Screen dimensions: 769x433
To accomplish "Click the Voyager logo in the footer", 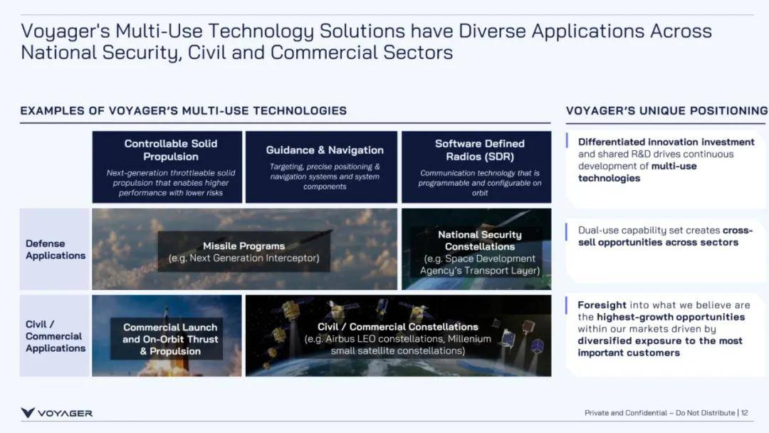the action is click(x=56, y=413).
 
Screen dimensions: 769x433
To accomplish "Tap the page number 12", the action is click(x=744, y=413).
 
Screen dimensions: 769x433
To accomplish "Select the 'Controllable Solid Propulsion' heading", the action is click(x=171, y=150).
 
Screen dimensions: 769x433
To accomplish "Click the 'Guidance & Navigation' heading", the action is click(x=325, y=150).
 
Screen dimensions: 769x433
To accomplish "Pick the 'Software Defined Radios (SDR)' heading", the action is click(x=480, y=150).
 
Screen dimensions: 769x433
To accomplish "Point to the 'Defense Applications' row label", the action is click(x=56, y=249).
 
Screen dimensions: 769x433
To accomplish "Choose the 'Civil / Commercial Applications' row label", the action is click(x=56, y=336).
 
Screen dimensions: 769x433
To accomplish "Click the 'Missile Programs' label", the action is click(x=244, y=246).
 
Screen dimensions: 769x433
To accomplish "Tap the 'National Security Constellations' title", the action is click(x=480, y=241).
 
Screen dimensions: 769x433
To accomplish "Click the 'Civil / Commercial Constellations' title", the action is click(x=398, y=327).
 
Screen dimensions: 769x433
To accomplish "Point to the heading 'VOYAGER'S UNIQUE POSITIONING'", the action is click(x=667, y=111).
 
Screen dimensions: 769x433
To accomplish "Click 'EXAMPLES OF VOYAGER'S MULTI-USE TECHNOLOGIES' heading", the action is click(x=184, y=111).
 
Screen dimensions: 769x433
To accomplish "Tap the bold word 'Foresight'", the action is click(x=602, y=305).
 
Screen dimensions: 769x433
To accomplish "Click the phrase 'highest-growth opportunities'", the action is click(x=671, y=317).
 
